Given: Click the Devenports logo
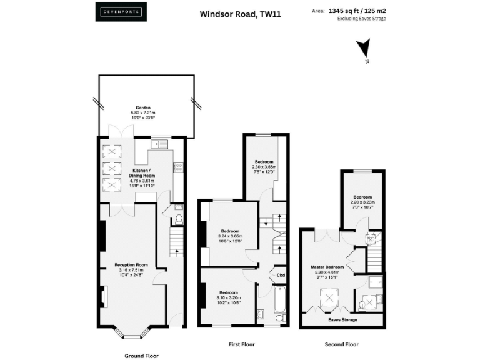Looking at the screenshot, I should (122, 12).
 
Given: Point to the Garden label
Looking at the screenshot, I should (144, 107).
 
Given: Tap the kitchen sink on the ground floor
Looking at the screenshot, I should (158, 146).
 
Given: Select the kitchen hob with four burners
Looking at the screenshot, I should (177, 167).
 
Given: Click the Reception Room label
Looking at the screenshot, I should (131, 264).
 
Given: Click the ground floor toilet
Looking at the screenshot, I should (177, 219).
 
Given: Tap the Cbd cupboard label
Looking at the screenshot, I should (281, 274).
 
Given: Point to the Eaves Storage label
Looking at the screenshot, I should (343, 319).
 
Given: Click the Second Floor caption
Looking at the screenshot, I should (341, 344).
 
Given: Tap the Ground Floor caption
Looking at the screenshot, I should (141, 355).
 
